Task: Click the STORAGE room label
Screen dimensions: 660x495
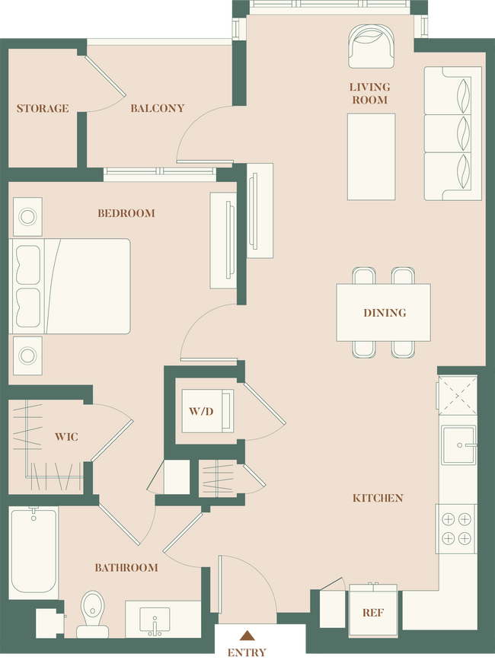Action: pos(43,108)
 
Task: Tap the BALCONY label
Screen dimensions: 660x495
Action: pos(157,108)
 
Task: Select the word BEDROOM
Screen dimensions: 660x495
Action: pos(126,213)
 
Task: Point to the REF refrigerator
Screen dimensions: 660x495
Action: pos(372,611)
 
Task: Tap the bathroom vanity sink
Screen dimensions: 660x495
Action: pos(158,620)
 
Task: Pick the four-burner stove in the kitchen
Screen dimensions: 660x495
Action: pos(456,528)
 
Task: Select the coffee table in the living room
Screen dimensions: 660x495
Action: pos(371,156)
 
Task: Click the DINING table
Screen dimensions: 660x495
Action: pos(384,312)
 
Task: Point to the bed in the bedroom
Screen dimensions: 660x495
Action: pos(70,286)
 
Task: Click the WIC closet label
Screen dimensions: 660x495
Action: pos(66,437)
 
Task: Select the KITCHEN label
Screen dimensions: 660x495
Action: pos(378,498)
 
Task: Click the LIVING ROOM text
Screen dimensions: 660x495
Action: pos(370,94)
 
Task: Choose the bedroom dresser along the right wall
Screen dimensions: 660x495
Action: pos(224,241)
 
